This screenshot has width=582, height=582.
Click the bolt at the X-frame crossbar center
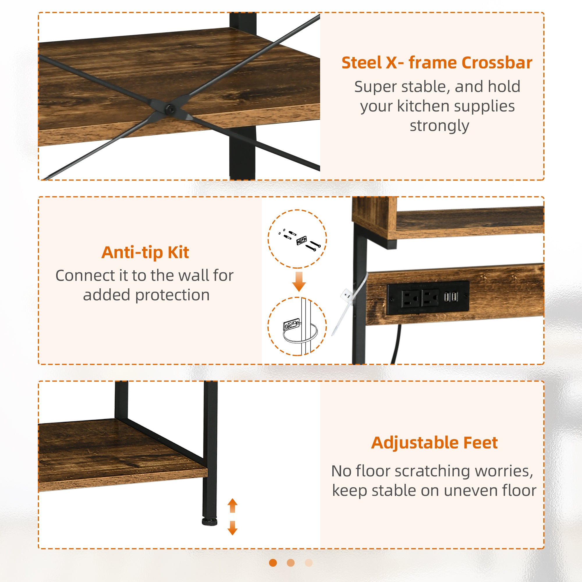coord(171,109)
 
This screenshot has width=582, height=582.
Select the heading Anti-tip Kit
coord(145,252)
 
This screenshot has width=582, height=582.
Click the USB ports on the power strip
coord(450,297)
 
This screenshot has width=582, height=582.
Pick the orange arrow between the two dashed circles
coord(299,281)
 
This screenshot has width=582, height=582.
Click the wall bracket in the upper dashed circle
coord(301,240)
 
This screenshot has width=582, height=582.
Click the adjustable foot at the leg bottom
coord(210,522)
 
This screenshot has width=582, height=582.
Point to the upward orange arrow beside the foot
coord(233,506)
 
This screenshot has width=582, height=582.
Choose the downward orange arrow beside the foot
coord(233,528)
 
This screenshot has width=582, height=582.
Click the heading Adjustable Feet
coord(434,443)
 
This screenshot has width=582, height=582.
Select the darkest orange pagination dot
coord(273,563)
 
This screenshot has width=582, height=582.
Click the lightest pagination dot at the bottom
coord(309,563)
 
